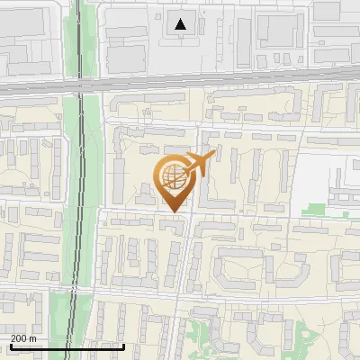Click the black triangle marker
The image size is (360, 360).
point(182,24)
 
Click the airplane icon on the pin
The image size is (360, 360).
point(200,164)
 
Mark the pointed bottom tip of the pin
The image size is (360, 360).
point(174,212)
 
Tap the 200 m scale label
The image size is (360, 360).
point(23,338)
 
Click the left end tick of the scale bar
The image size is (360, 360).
point(11,345)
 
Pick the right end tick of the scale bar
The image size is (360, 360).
point(123,345)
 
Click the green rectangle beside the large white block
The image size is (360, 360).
point(312,210)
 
